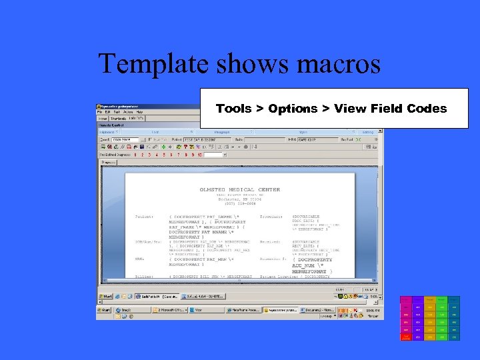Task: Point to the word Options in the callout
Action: (293, 109)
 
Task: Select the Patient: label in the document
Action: (144, 217)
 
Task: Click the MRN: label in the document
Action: (139, 258)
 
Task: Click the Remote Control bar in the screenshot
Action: (107, 125)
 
